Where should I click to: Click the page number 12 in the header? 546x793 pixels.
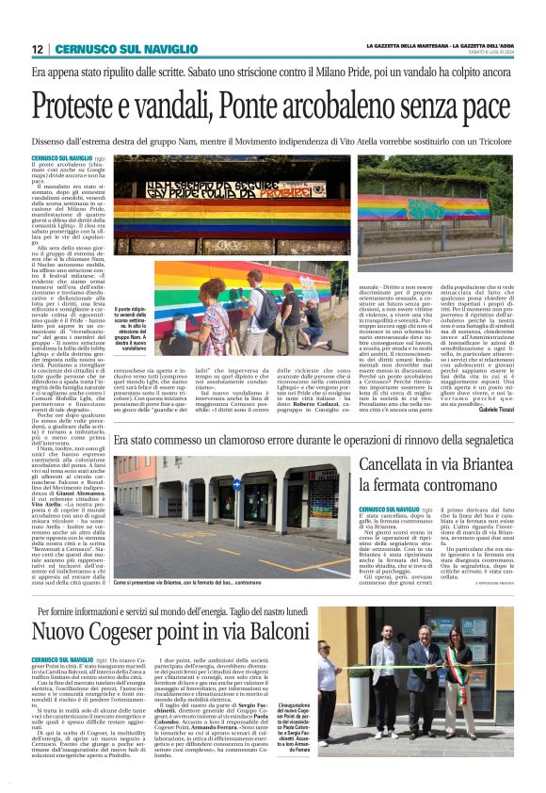tap(37, 49)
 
